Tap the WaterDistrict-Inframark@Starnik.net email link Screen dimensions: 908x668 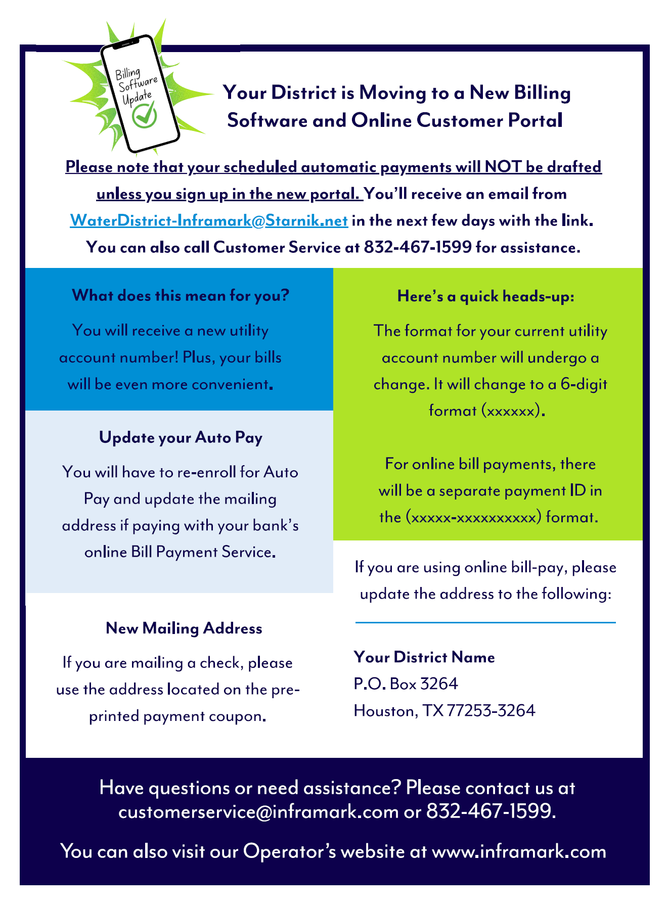coord(208,221)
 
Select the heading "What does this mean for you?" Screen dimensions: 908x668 coord(181,295)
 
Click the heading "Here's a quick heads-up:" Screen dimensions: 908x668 coord(486,296)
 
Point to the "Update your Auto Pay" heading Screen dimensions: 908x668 coord(181,437)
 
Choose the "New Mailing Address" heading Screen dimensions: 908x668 coord(184,628)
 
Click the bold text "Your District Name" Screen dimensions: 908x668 coord(424,657)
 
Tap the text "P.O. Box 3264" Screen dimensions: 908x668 coord(406,684)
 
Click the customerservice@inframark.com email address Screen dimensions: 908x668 coord(258,811)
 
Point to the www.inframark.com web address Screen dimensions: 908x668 coord(519,851)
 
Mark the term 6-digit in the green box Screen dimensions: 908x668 coord(584,384)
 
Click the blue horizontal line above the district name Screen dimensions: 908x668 coord(485,623)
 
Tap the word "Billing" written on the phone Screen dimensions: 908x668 coord(128,74)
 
